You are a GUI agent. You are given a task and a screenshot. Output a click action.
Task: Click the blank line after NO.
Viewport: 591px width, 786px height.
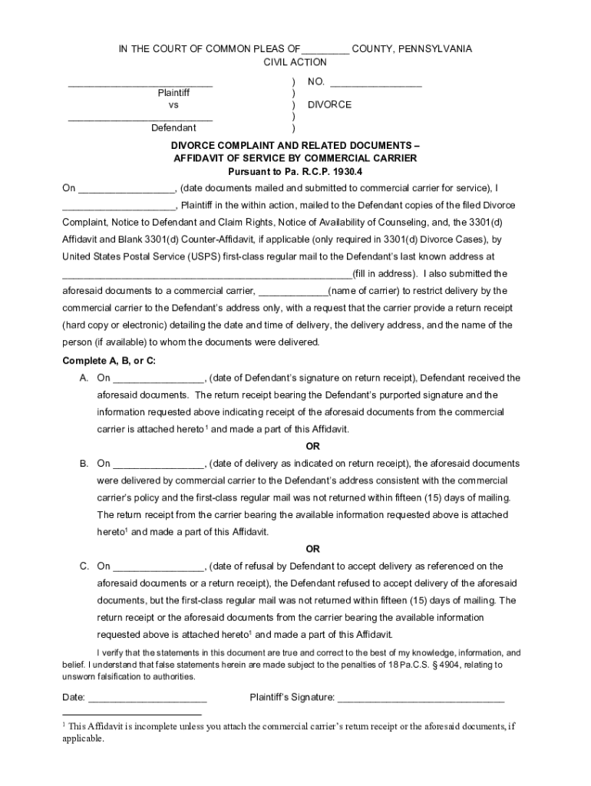(376, 83)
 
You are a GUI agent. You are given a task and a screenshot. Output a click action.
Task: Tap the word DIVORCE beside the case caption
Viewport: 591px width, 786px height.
(329, 104)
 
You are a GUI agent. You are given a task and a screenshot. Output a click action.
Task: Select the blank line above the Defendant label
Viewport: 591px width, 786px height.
(140, 118)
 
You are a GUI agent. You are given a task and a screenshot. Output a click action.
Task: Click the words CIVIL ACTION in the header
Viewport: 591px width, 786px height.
(295, 62)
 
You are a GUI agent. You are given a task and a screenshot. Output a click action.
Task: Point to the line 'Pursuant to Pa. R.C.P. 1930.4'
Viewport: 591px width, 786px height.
(295, 171)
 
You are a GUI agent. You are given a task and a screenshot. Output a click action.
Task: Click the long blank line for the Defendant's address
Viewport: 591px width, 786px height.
(206, 275)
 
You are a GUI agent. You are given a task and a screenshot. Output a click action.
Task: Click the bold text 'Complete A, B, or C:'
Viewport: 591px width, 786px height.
(109, 361)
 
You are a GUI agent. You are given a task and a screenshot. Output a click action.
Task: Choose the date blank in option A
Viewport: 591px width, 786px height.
(159, 379)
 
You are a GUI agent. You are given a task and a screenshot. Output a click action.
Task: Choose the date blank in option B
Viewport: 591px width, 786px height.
(159, 464)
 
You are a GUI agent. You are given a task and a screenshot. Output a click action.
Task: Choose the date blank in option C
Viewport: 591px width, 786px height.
(159, 567)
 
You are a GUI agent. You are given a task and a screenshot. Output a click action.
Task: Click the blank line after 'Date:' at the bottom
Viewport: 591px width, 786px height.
(147, 698)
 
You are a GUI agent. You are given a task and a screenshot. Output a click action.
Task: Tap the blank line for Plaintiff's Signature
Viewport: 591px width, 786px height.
(421, 698)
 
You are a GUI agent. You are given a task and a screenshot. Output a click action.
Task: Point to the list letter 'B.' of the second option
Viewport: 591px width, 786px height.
(84, 464)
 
